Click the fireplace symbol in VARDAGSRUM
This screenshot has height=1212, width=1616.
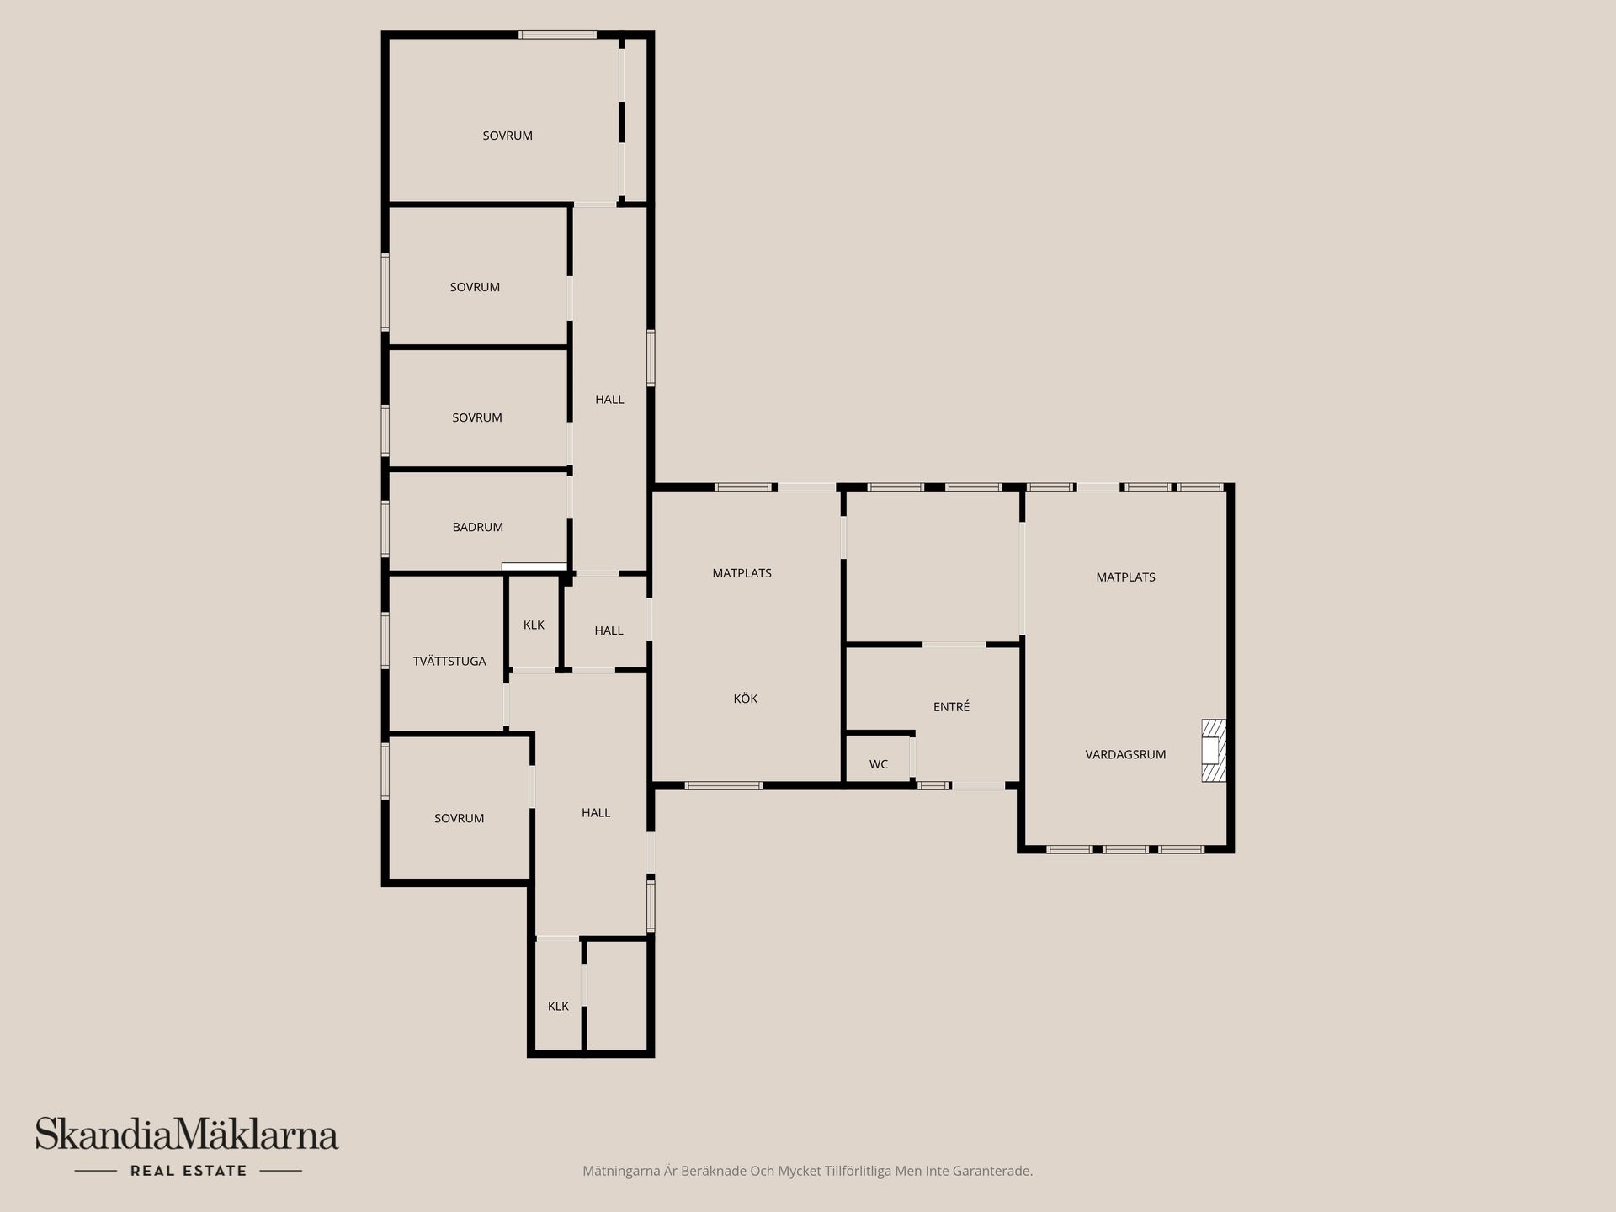(1213, 751)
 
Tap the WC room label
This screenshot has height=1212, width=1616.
(878, 764)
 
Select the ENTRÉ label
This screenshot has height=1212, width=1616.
(951, 707)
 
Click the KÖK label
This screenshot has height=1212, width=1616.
(745, 699)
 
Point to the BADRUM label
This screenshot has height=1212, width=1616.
(477, 527)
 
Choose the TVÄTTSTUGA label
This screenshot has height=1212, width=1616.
(449, 662)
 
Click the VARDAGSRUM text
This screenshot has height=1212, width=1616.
(1125, 754)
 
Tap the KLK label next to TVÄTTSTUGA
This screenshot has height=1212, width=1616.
(534, 625)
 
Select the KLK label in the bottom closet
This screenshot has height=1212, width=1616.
(558, 1006)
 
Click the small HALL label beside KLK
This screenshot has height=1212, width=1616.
(609, 630)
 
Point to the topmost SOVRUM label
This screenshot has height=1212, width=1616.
(507, 136)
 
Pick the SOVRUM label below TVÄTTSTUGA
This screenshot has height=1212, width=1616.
(459, 818)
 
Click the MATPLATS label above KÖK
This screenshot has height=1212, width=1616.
(742, 573)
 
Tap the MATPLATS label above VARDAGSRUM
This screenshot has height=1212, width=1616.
(1125, 577)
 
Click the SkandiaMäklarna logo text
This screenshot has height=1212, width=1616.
(187, 1135)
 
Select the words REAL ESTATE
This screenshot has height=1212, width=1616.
(189, 1171)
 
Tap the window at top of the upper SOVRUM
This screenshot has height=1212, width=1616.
(557, 35)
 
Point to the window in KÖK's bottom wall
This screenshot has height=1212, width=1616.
(723, 785)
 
